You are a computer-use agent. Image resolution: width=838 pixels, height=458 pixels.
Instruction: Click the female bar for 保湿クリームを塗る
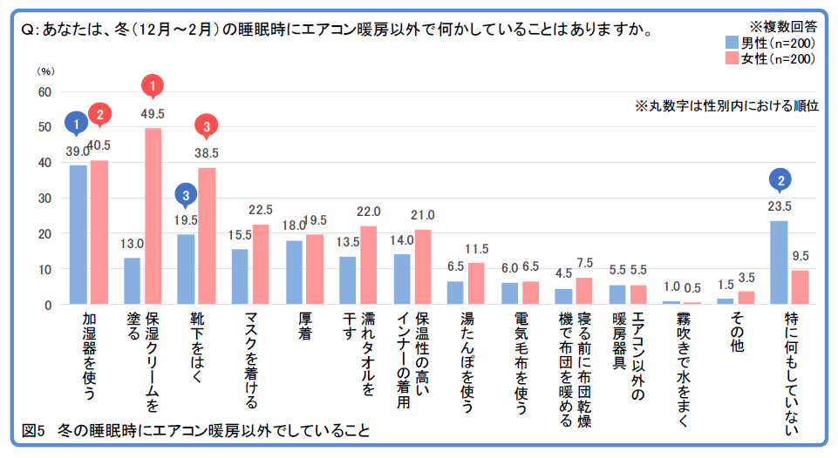click(x=153, y=217)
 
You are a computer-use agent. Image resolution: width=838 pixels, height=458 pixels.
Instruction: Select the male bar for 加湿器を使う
click(x=78, y=235)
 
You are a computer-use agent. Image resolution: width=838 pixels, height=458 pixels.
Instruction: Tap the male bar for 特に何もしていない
click(x=779, y=263)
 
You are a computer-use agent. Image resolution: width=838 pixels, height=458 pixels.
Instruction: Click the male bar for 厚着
click(x=294, y=273)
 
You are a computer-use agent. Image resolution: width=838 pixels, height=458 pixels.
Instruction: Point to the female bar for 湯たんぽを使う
click(x=476, y=284)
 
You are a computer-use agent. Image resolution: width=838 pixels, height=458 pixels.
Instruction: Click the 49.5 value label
click(x=153, y=113)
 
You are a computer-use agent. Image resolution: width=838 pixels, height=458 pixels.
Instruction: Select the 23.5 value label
click(x=780, y=206)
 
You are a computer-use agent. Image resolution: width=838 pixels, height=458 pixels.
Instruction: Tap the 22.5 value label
click(x=261, y=210)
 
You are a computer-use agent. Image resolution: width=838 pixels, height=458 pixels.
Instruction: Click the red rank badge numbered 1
click(x=153, y=85)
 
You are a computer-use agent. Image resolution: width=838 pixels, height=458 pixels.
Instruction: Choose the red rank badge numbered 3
click(x=207, y=127)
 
